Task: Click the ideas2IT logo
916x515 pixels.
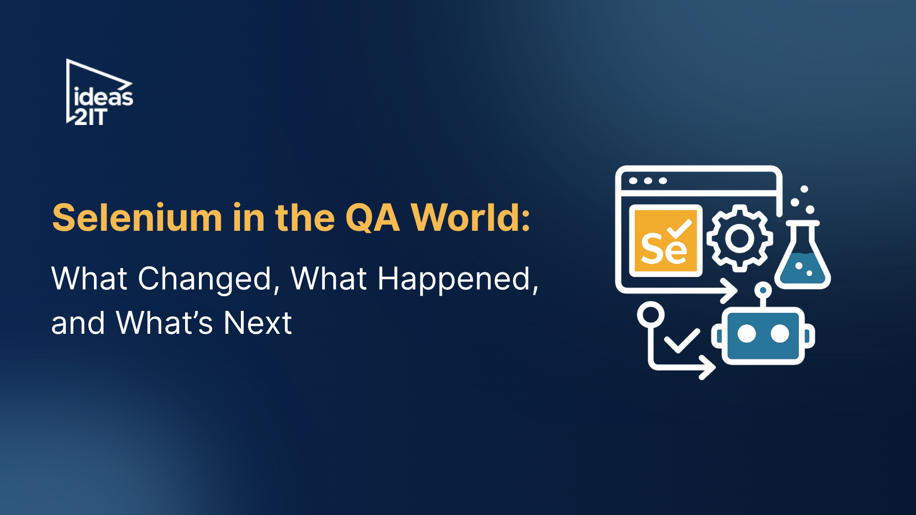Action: pos(99,93)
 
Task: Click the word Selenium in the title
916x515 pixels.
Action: pos(137,218)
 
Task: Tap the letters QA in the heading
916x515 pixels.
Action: pos(373,218)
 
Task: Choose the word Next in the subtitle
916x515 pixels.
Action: pos(258,323)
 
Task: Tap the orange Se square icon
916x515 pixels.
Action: pos(666,241)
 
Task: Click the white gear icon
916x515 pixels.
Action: pos(739,238)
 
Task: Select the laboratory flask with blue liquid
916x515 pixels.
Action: pos(802,260)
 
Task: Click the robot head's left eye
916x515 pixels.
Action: pos(747,334)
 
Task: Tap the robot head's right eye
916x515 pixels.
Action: pos(780,334)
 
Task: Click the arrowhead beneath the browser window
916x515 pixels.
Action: pos(730,290)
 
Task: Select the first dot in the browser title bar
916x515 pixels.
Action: pos(633,181)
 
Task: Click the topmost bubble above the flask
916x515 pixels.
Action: pos(804,189)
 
